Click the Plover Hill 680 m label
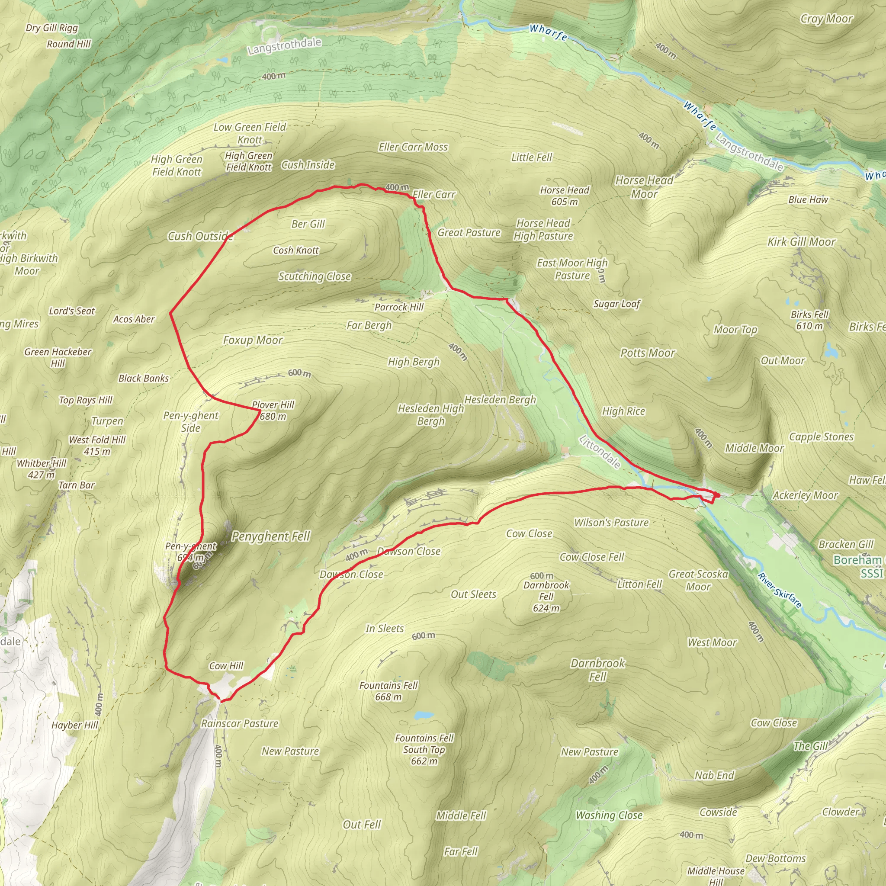[x=273, y=411]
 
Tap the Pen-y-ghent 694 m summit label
[x=191, y=552]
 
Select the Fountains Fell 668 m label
[x=388, y=691]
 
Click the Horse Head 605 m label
[x=565, y=196]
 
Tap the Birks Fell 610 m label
[x=809, y=320]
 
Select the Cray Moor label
[x=826, y=19]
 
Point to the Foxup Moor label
[x=253, y=340]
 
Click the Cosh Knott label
[x=296, y=250]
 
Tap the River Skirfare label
[x=780, y=591]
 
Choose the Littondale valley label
[x=600, y=452]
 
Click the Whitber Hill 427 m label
[x=41, y=469]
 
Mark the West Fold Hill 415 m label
[x=97, y=445]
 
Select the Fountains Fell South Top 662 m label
[x=424, y=749]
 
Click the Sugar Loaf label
[x=617, y=304]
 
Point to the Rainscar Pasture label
[x=240, y=724]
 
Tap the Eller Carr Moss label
[x=413, y=147]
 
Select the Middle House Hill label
[x=716, y=875]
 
